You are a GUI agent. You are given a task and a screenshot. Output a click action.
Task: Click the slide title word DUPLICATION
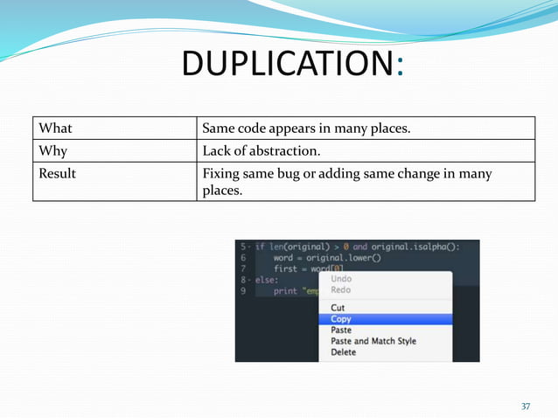pyautogui.click(x=288, y=64)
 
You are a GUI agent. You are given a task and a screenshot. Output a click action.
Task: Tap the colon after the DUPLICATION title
pyautogui.click(x=400, y=66)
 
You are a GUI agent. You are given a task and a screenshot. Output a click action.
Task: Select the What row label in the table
pyautogui.click(x=54, y=129)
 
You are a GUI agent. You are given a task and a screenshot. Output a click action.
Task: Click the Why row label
pyautogui.click(x=52, y=151)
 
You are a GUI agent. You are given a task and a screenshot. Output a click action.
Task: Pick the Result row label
pyautogui.click(x=58, y=173)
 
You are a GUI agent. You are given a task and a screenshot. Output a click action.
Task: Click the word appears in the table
pyautogui.click(x=296, y=129)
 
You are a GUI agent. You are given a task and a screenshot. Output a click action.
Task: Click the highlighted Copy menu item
pyautogui.click(x=341, y=319)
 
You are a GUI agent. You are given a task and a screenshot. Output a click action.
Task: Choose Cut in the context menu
pyautogui.click(x=338, y=308)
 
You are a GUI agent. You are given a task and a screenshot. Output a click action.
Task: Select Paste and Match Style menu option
pyautogui.click(x=373, y=341)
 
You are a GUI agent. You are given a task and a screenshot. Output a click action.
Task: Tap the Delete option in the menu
pyautogui.click(x=344, y=352)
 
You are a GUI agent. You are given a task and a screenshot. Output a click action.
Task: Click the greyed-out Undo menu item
pyautogui.click(x=341, y=278)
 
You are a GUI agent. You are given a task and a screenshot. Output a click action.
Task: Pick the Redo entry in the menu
pyautogui.click(x=341, y=289)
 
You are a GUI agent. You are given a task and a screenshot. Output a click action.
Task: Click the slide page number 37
pyautogui.click(x=526, y=407)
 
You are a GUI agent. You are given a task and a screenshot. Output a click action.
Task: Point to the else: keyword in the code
pyautogui.click(x=266, y=280)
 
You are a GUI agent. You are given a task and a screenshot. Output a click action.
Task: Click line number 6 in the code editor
pyautogui.click(x=243, y=258)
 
